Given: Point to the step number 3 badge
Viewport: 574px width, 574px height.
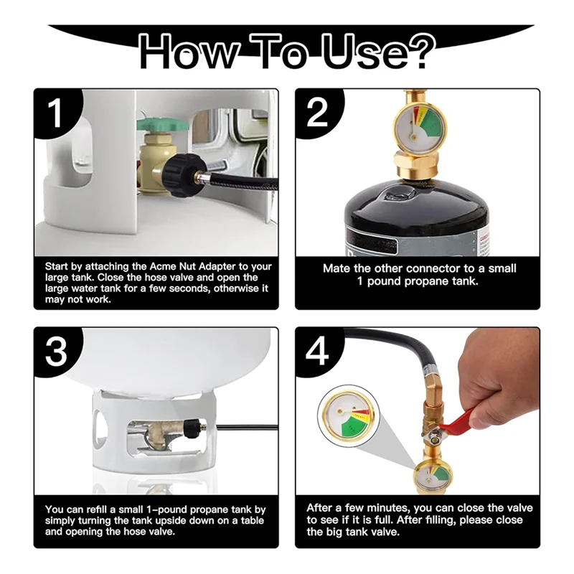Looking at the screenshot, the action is point(56,351).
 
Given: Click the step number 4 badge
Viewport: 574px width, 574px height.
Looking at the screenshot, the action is point(317,351).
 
